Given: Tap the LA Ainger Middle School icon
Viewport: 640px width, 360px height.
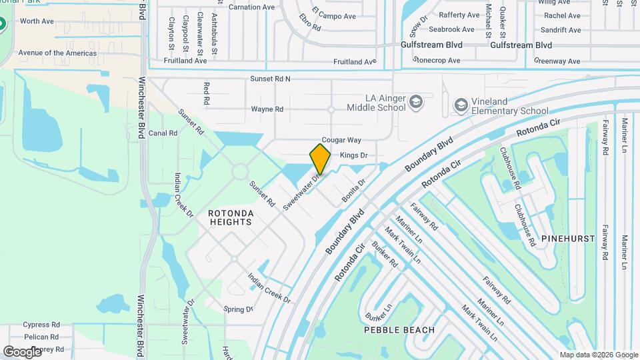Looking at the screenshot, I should pos(417,102).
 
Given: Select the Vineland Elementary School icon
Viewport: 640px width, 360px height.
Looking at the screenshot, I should pos(461,105).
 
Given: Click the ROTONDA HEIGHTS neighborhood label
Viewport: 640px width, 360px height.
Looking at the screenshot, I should pos(230,217).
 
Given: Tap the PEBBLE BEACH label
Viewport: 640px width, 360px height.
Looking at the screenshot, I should pos(399,330).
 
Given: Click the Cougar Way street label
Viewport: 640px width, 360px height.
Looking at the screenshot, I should pos(341,140).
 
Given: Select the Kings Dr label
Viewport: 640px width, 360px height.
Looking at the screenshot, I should pos(353,155).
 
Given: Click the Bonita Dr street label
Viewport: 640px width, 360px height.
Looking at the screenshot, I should pos(354,191).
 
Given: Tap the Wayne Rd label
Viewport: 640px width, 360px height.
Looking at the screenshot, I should pos(267,109).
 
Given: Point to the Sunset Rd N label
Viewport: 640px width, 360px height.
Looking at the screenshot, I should pos(270,79).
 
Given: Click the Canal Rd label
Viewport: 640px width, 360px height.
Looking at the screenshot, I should pos(163,133).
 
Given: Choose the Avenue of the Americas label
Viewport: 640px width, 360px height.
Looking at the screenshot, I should pos(57,53).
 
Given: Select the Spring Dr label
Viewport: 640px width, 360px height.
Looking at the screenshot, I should pos(238,309).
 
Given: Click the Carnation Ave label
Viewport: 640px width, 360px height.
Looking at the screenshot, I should pos(251,7).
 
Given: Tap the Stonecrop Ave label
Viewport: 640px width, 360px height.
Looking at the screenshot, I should pos(437,60).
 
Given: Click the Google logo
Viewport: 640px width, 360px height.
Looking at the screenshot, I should pos(22,351).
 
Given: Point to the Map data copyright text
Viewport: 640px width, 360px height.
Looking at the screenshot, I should pos(598,355).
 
